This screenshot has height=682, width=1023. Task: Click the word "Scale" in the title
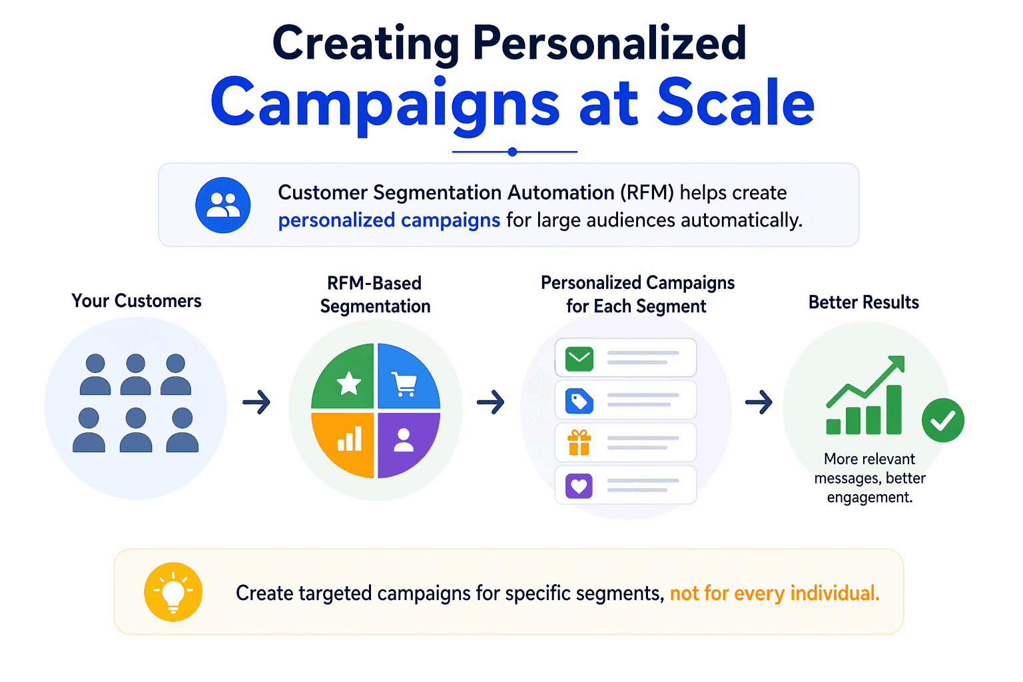pyautogui.click(x=736, y=102)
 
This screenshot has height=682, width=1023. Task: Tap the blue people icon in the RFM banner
pyautogui.click(x=223, y=205)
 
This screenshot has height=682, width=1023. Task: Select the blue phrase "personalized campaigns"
pyautogui.click(x=389, y=220)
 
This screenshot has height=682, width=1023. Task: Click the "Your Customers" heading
pyautogui.click(x=136, y=300)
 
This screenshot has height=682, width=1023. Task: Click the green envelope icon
pyautogui.click(x=579, y=358)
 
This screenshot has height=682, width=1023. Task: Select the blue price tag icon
pyautogui.click(x=579, y=401)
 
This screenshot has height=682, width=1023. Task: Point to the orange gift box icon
pyautogui.click(x=579, y=443)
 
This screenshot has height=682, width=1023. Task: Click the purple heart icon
pyautogui.click(x=579, y=486)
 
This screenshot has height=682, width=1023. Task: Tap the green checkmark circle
pyautogui.click(x=942, y=420)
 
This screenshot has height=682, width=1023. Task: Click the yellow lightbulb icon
pyautogui.click(x=173, y=592)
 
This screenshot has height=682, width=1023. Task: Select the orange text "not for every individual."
pyautogui.click(x=775, y=593)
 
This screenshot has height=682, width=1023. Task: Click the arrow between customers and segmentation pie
pyautogui.click(x=256, y=402)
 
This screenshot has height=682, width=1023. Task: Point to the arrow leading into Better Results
pyautogui.click(x=759, y=402)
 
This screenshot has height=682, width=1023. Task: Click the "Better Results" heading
pyautogui.click(x=864, y=302)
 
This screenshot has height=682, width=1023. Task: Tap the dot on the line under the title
pyautogui.click(x=512, y=152)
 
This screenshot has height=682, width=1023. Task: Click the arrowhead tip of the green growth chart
pyautogui.click(x=903, y=357)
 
